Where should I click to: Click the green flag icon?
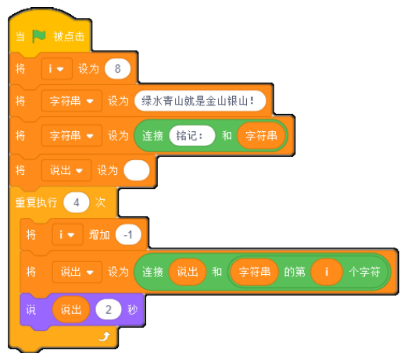pyautogui.click(x=39, y=36)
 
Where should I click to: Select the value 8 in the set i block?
pyautogui.click(x=117, y=69)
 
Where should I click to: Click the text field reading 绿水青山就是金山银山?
pyautogui.click(x=200, y=101)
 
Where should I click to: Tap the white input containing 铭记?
pyautogui.click(x=192, y=136)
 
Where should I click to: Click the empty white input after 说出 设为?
pyautogui.click(x=137, y=170)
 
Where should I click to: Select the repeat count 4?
pyautogui.click(x=77, y=202)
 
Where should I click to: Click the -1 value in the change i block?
pyautogui.click(x=128, y=235)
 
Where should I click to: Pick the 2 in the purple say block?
pyautogui.click(x=109, y=310)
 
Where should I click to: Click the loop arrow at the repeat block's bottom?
pyautogui.click(x=105, y=337)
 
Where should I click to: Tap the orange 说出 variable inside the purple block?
pyautogui.click(x=71, y=310)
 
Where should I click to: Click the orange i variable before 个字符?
pyautogui.click(x=327, y=272)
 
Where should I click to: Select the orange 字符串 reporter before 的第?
pyautogui.click(x=254, y=272)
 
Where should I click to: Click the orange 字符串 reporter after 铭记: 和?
pyautogui.click(x=261, y=136)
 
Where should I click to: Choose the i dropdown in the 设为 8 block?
pyautogui.click(x=56, y=69)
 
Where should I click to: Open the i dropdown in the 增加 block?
pyautogui.click(x=67, y=235)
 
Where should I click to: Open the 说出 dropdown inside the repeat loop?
pyautogui.click(x=77, y=272)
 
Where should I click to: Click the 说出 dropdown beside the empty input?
pyautogui.click(x=66, y=170)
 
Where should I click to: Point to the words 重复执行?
pyautogui.click(x=36, y=202)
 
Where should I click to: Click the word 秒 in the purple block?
pyautogui.click(x=133, y=310)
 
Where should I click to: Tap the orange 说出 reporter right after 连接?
pyautogui.click(x=188, y=272)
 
